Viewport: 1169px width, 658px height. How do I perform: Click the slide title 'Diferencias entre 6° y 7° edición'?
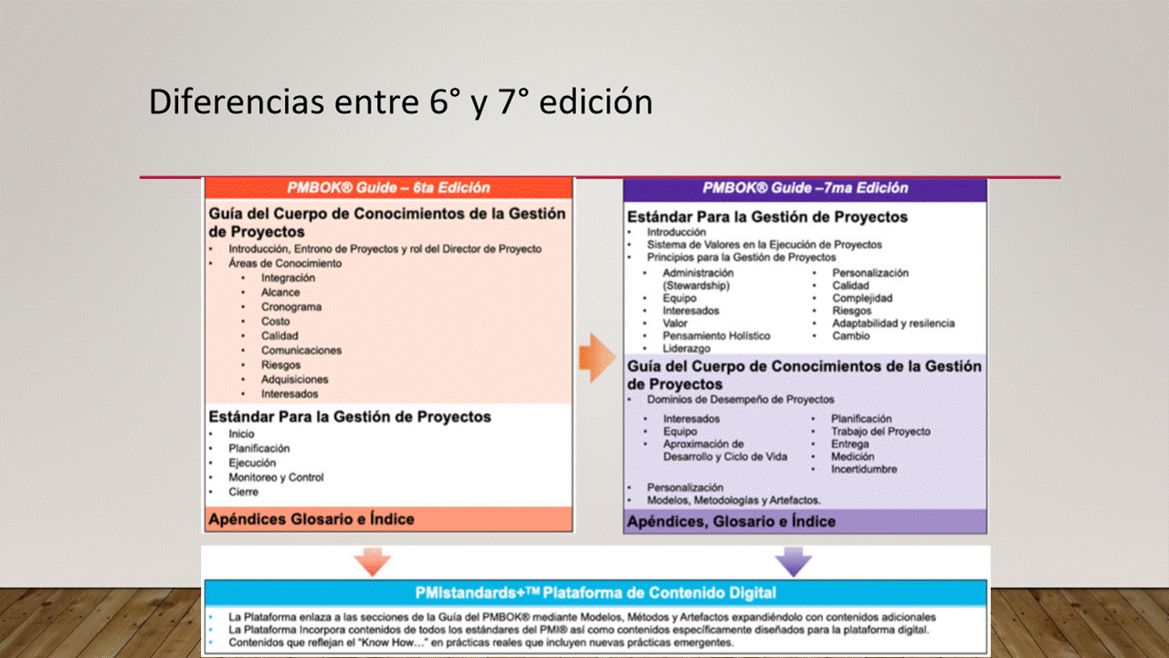pyautogui.click(x=401, y=101)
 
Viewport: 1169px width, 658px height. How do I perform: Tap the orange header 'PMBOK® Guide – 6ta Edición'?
pyautogui.click(x=389, y=187)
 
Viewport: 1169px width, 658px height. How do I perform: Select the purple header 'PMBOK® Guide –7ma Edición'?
pyautogui.click(x=806, y=188)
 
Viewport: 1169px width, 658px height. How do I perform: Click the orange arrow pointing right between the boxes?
pyautogui.click(x=597, y=357)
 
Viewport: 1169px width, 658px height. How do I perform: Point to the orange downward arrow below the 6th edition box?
pyautogui.click(x=372, y=562)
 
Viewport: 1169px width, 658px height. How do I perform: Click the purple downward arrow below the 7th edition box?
pyautogui.click(x=794, y=562)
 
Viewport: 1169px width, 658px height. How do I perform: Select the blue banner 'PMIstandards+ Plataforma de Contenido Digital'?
pyautogui.click(x=595, y=593)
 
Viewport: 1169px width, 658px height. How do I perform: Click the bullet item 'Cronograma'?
pyautogui.click(x=291, y=307)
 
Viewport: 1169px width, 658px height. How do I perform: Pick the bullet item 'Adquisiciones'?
pyautogui.click(x=295, y=379)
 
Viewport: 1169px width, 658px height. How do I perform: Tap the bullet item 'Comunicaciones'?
pyautogui.click(x=301, y=350)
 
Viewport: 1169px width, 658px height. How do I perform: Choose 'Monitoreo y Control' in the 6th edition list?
pyautogui.click(x=276, y=477)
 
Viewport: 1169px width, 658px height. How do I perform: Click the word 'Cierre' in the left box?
pyautogui.click(x=243, y=492)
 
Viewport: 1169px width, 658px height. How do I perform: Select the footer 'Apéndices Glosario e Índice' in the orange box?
pyautogui.click(x=311, y=519)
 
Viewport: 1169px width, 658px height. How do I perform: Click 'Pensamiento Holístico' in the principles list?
pyautogui.click(x=717, y=335)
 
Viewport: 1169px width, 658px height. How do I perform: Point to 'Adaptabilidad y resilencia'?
pyautogui.click(x=893, y=324)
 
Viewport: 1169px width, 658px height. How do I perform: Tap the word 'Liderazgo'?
pyautogui.click(x=686, y=348)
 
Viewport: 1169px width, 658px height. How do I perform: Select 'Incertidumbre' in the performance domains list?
pyautogui.click(x=864, y=469)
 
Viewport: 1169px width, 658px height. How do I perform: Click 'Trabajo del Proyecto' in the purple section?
pyautogui.click(x=881, y=431)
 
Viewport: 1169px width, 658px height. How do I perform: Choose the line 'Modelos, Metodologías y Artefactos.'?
pyautogui.click(x=733, y=500)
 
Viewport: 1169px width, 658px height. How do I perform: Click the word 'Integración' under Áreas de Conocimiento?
pyautogui.click(x=288, y=278)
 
